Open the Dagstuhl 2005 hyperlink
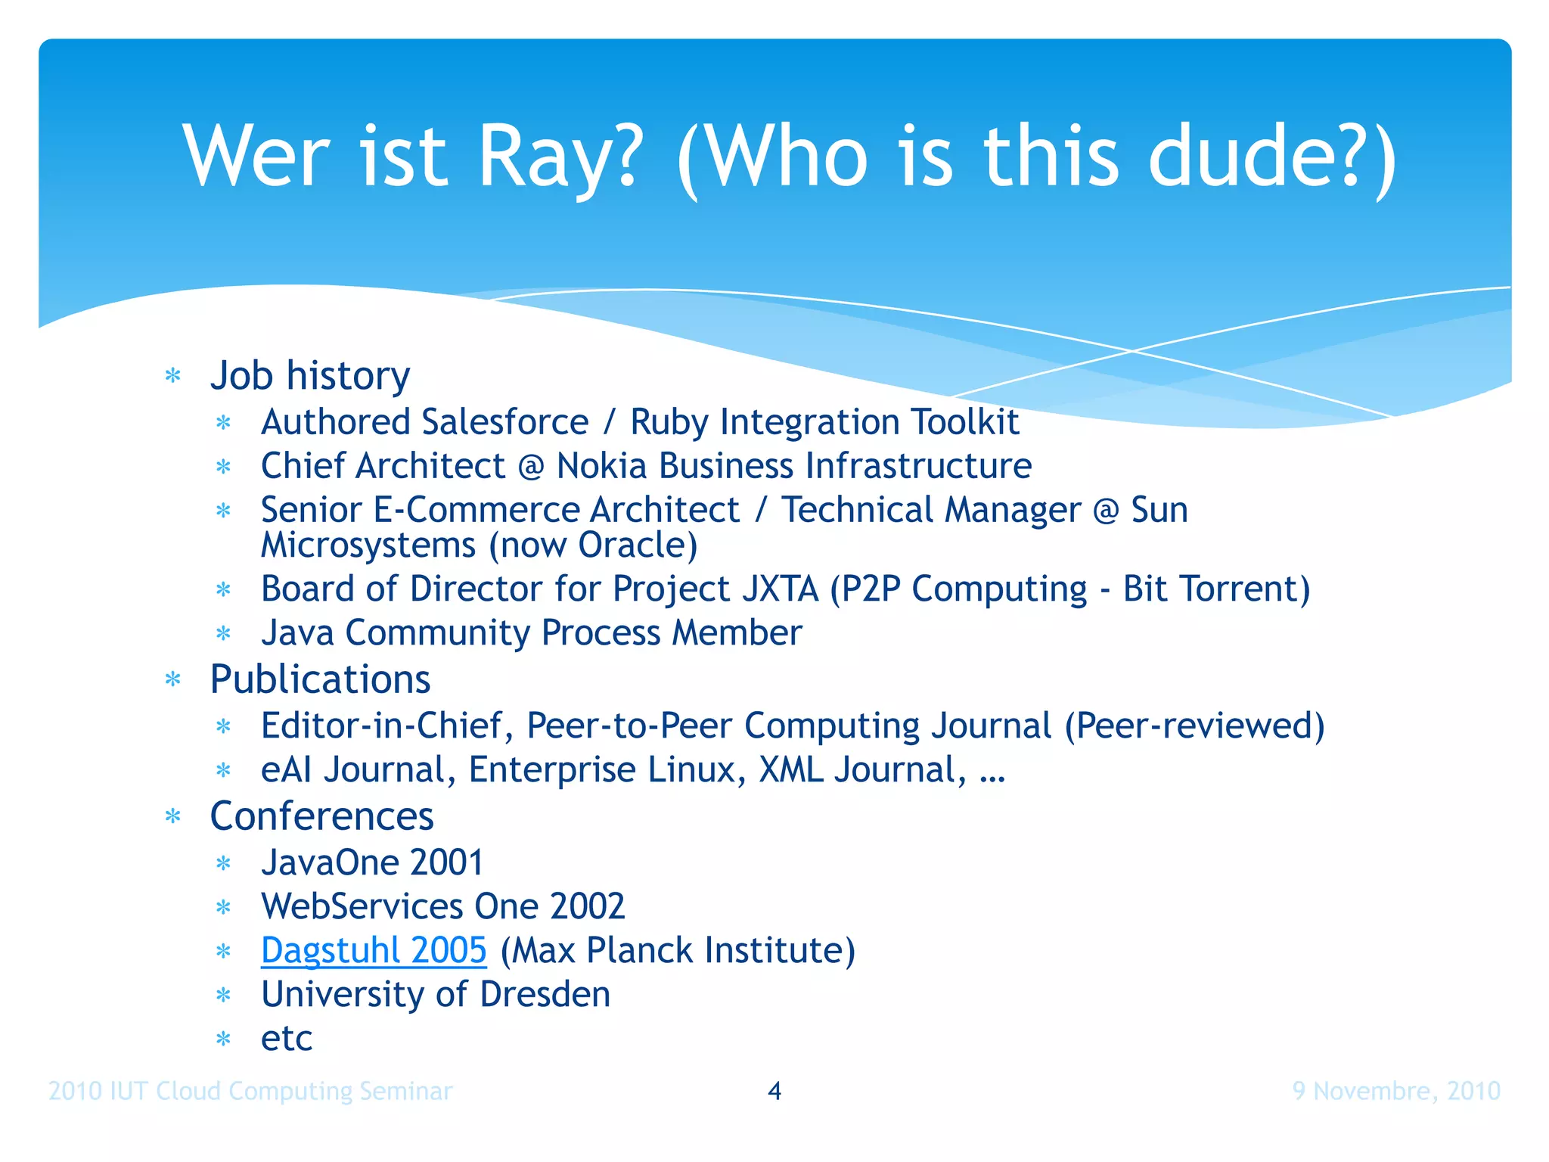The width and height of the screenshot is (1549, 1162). [x=374, y=950]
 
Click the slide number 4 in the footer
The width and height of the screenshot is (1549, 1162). [x=774, y=1090]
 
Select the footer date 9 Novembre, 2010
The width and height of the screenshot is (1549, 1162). [x=1396, y=1091]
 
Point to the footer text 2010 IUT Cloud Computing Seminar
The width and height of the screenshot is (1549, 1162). [x=250, y=1091]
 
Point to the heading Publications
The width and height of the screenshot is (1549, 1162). [x=320, y=679]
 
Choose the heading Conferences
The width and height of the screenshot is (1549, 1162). [x=321, y=816]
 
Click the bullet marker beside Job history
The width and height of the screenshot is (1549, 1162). [x=173, y=376]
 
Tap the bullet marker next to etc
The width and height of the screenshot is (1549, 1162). [x=223, y=1039]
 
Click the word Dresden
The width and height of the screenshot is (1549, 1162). [x=545, y=994]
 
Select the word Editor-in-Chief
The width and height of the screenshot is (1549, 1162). [x=381, y=725]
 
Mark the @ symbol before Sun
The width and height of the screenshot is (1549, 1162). [x=1106, y=511]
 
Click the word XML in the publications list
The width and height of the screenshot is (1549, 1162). [x=791, y=770]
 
